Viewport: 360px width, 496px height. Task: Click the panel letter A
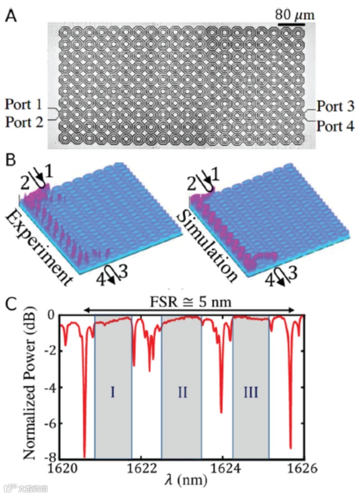pyautogui.click(x=10, y=15)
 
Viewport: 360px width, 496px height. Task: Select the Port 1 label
pyautogui.click(x=24, y=104)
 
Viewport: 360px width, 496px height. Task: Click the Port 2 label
pyautogui.click(x=24, y=122)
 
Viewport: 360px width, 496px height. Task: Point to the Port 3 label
pyautogui.click(x=335, y=106)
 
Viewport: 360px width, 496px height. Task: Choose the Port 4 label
pyautogui.click(x=335, y=125)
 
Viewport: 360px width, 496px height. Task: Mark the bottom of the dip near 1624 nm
pyautogui.click(x=221, y=412)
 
